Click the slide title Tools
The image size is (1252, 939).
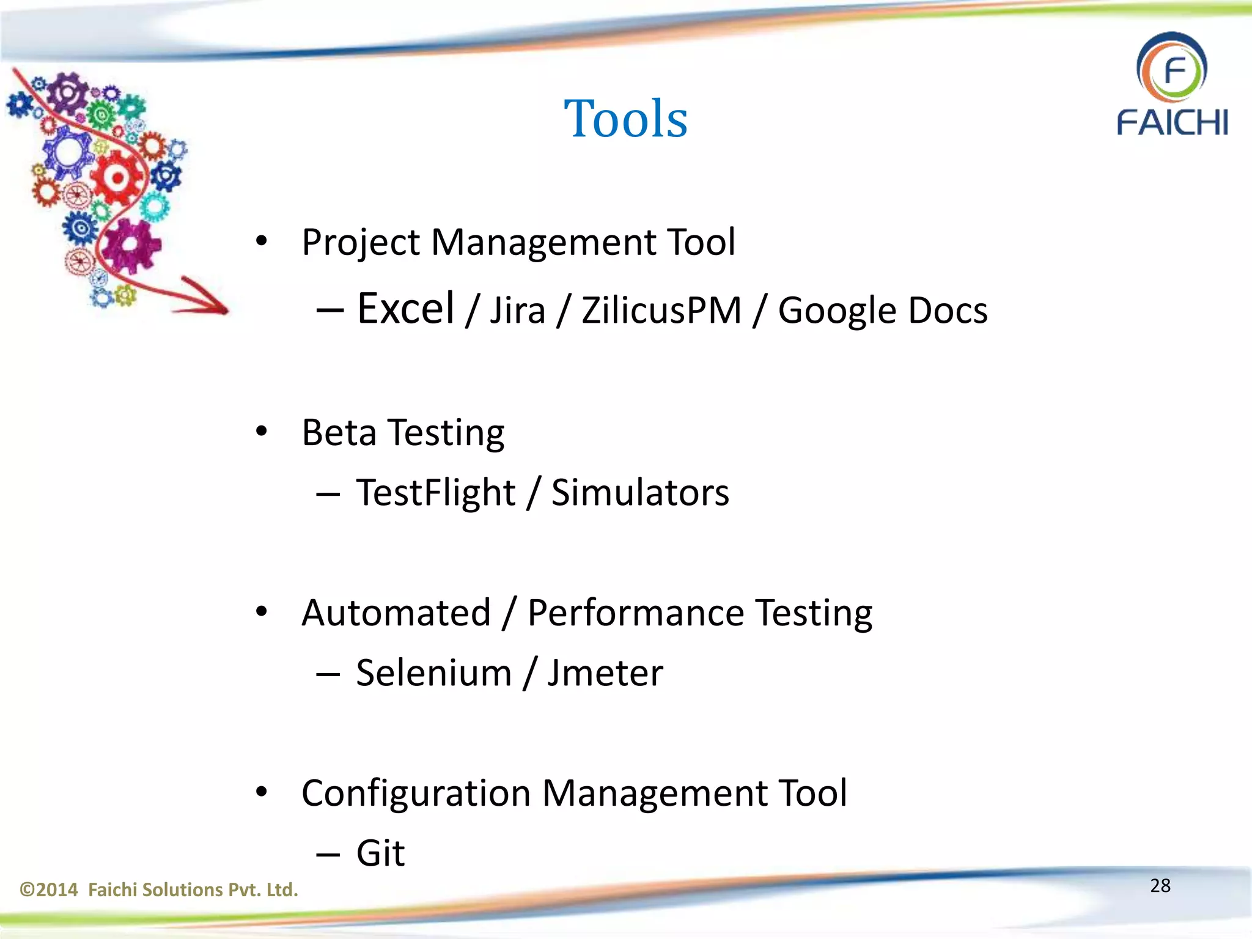click(x=625, y=119)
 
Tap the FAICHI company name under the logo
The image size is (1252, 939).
click(x=1172, y=122)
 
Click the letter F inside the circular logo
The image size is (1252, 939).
click(x=1175, y=70)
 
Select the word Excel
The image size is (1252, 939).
click(x=405, y=309)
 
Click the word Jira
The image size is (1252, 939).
click(x=517, y=311)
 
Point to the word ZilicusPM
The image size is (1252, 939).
click(x=661, y=311)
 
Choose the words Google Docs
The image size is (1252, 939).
click(x=882, y=311)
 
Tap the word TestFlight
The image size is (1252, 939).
click(x=436, y=493)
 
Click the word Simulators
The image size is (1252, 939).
click(x=640, y=493)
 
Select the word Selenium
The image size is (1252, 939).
click(x=433, y=673)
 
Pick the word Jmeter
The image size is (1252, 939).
click(x=605, y=673)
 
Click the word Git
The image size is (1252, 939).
click(x=380, y=853)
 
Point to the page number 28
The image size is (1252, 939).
click(x=1160, y=885)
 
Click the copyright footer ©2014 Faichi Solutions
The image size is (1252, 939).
click(x=159, y=889)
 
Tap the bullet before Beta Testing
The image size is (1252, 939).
click(x=262, y=432)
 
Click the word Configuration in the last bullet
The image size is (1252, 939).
click(x=416, y=794)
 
